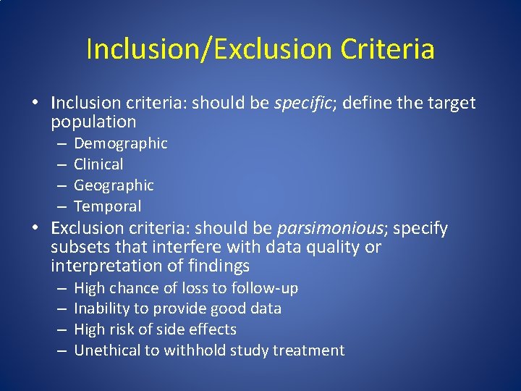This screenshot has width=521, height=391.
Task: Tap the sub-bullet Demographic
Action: point(121,143)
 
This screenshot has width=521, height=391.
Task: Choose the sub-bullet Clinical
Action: point(98,164)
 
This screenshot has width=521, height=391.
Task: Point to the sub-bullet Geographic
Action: point(114,185)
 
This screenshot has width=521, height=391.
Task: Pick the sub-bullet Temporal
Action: point(108,206)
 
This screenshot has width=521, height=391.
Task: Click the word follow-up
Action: point(266,289)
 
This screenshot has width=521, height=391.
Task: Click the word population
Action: point(94,122)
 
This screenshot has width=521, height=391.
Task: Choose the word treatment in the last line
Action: point(313,350)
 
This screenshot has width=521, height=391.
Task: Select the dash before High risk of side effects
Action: point(62,329)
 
